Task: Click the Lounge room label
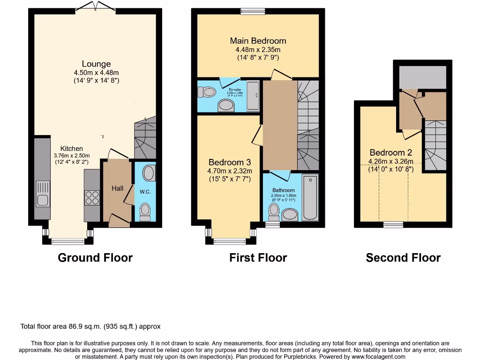[96, 64]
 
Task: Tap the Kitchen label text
[71, 149]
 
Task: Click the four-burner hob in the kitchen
[92, 197]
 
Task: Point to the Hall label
[117, 188]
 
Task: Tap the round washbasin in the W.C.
[150, 173]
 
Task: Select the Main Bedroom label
[258, 40]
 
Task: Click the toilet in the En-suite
[205, 93]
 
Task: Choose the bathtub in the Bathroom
[310, 197]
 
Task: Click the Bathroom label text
[284, 190]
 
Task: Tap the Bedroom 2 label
[390, 152]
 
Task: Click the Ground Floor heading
[95, 257]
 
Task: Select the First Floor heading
[258, 257]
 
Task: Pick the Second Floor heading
[403, 257]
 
